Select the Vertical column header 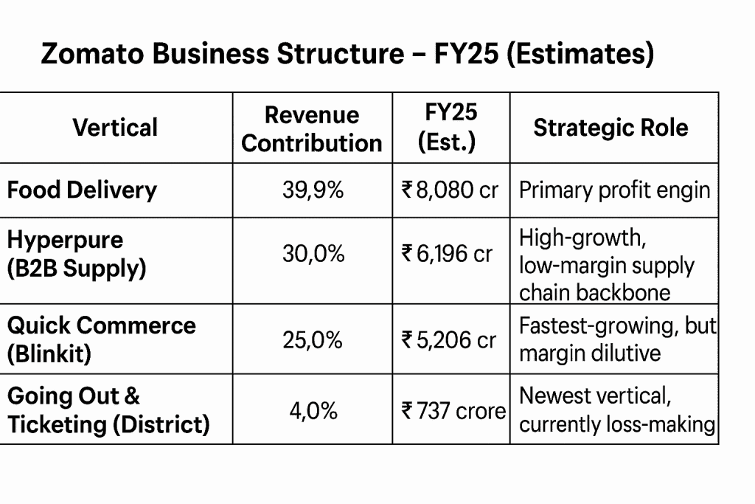coord(115,128)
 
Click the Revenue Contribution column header coord(312,128)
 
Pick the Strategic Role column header coord(610,128)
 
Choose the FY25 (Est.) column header coord(450,127)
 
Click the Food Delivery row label coord(82,190)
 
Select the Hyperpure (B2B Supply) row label coord(77,255)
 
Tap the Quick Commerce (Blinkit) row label coord(101,339)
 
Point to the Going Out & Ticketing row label coord(108,410)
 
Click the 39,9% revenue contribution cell coord(313,190)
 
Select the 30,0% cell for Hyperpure coord(313,255)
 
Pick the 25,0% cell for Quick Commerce coord(313,340)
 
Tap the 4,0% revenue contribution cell coord(313,410)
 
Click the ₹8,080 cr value coord(450,190)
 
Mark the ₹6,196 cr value coord(447,255)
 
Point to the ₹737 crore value coord(453,410)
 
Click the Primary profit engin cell coord(614,190)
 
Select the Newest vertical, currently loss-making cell coord(617,410)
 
